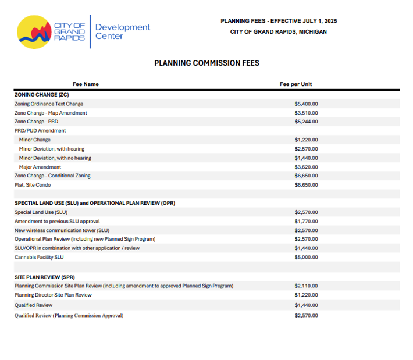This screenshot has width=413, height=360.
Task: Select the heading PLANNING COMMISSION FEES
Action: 206,63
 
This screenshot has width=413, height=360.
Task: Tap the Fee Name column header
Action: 86,84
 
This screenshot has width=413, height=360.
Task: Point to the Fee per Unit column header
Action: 295,84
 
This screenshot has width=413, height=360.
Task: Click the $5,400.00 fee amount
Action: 306,104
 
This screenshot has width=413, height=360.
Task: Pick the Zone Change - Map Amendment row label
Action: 51,113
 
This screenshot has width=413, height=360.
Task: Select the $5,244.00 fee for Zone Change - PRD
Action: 306,122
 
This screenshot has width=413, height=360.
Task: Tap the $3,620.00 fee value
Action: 306,167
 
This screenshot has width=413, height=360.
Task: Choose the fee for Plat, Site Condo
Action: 306,185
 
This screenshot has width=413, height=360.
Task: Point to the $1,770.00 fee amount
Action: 306,221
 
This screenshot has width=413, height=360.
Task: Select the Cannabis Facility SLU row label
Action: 39,257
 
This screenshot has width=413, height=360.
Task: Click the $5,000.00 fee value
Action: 306,257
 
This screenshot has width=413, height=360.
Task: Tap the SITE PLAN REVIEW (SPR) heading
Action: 45,277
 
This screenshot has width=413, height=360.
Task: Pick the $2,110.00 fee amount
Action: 306,286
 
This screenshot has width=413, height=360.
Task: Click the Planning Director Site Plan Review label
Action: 53,295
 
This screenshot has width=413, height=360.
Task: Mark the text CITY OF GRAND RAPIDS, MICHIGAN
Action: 278,32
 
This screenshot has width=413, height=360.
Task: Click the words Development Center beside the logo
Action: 122,31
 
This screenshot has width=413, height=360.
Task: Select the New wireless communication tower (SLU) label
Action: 62,230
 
